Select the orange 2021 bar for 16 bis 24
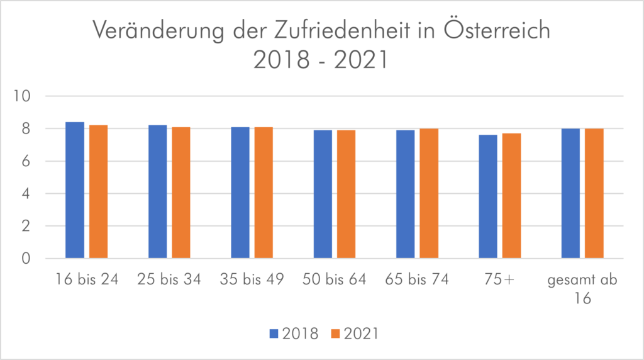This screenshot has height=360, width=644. tap(98, 192)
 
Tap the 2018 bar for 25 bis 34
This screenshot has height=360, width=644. tap(157, 192)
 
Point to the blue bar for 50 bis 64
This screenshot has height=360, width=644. tap(323, 194)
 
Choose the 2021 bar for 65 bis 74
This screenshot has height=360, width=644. tap(429, 193)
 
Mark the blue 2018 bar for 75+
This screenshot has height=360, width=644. tap(488, 196)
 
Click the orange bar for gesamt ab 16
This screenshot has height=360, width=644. tap(594, 193)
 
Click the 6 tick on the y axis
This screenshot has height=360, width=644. tap(26, 161)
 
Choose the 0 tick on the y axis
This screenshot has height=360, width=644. tap(26, 259)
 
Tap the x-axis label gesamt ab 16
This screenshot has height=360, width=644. tap(582, 288)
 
